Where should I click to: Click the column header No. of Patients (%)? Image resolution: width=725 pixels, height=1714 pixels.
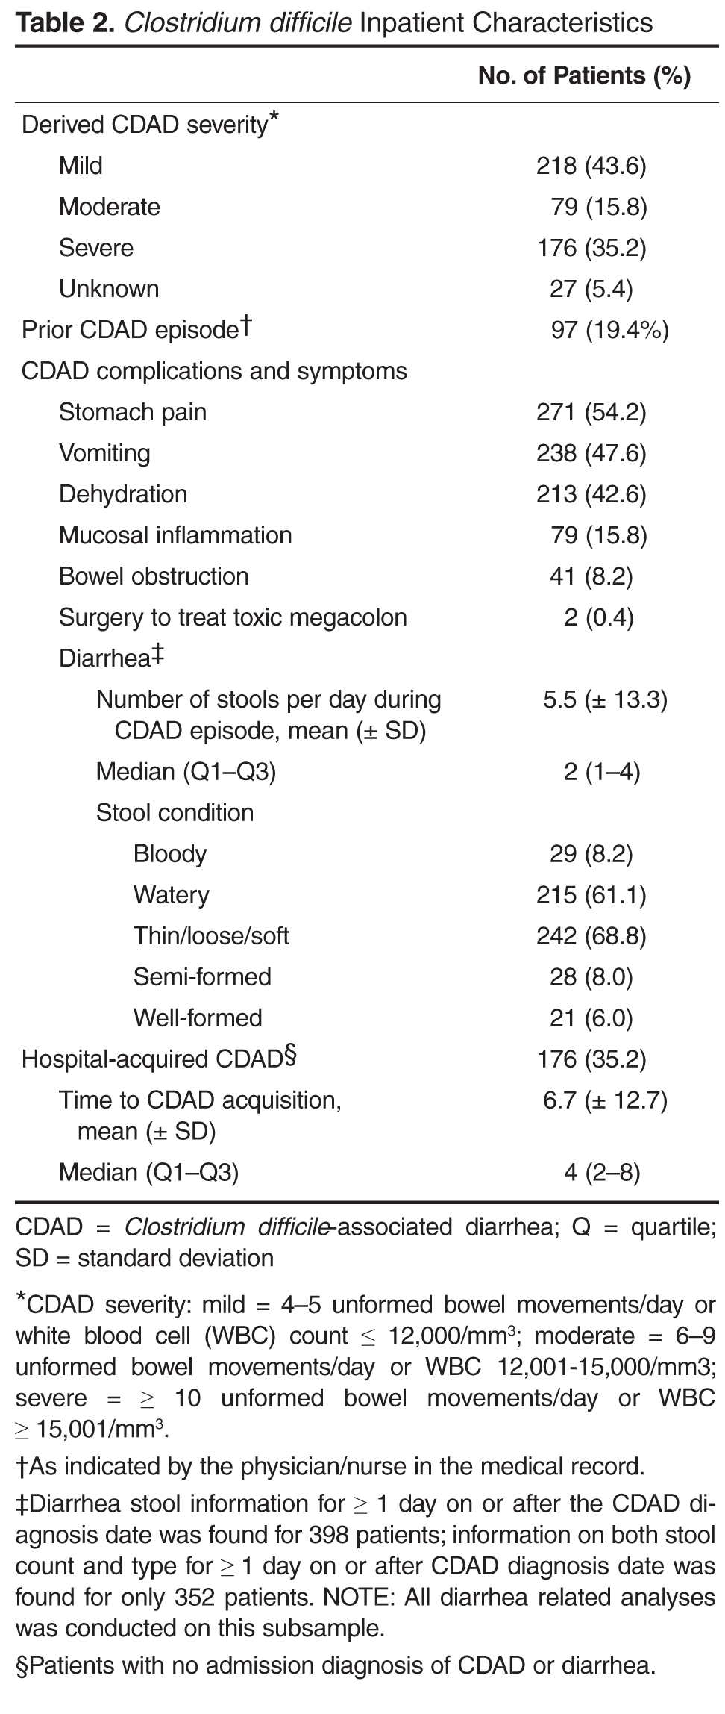584,75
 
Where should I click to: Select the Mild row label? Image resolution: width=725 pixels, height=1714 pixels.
81,165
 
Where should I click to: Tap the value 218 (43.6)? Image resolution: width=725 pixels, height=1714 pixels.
591,166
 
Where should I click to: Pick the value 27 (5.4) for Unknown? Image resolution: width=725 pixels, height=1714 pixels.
591,289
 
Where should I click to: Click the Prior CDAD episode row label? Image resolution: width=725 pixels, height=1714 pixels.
136,329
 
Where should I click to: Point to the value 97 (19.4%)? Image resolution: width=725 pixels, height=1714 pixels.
609,330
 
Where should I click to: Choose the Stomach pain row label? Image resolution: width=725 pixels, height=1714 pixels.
133,412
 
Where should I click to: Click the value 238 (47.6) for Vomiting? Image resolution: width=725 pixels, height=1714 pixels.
591,453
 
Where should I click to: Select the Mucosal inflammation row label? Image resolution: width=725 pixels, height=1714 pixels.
175,535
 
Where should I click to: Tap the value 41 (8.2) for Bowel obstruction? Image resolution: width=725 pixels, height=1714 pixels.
591,576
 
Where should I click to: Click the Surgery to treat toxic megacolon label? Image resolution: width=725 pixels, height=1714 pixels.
233,617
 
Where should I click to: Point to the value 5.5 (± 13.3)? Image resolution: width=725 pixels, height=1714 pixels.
605,699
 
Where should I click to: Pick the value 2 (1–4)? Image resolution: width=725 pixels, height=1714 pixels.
601,771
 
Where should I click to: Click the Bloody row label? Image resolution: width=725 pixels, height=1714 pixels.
170,854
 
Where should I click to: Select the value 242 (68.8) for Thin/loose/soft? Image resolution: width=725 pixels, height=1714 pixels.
591,936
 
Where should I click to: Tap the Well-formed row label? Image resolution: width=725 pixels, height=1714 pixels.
198,1018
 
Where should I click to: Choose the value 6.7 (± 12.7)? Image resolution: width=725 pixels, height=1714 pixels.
605,1100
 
